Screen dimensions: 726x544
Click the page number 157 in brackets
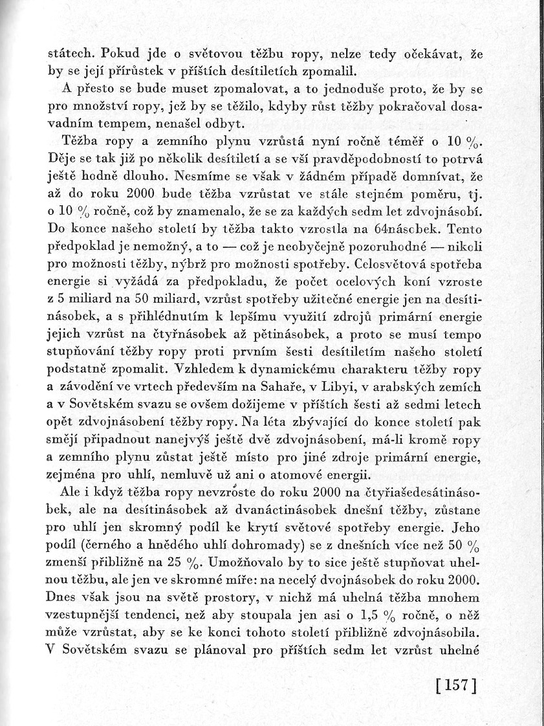click(x=452, y=686)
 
